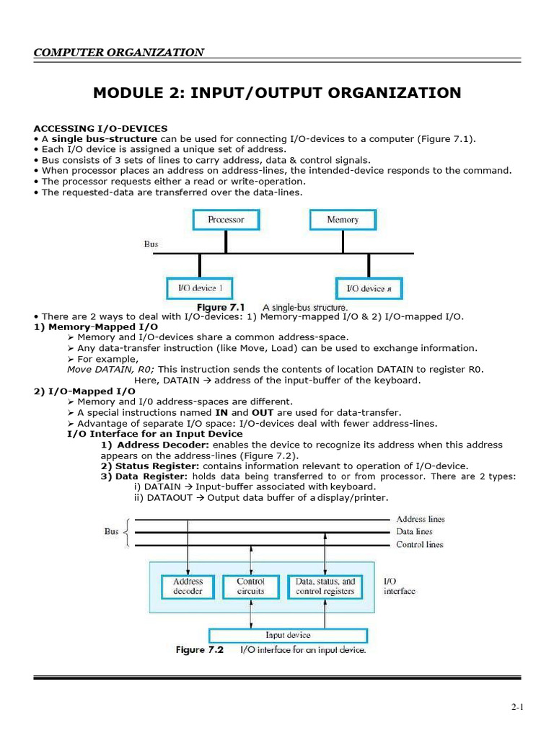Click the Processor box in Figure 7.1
click(226, 219)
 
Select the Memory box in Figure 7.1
click(343, 219)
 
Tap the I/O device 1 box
click(200, 288)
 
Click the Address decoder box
click(188, 586)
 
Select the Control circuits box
click(250, 586)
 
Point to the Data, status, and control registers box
click(325, 586)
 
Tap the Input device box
click(288, 635)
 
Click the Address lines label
click(421, 519)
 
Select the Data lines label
click(415, 531)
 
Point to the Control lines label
click(420, 544)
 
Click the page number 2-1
click(516, 708)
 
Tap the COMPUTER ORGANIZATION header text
click(118, 52)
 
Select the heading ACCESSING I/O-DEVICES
click(100, 128)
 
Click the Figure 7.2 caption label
click(200, 650)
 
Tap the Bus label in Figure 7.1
click(151, 244)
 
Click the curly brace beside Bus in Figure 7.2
click(128, 532)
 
